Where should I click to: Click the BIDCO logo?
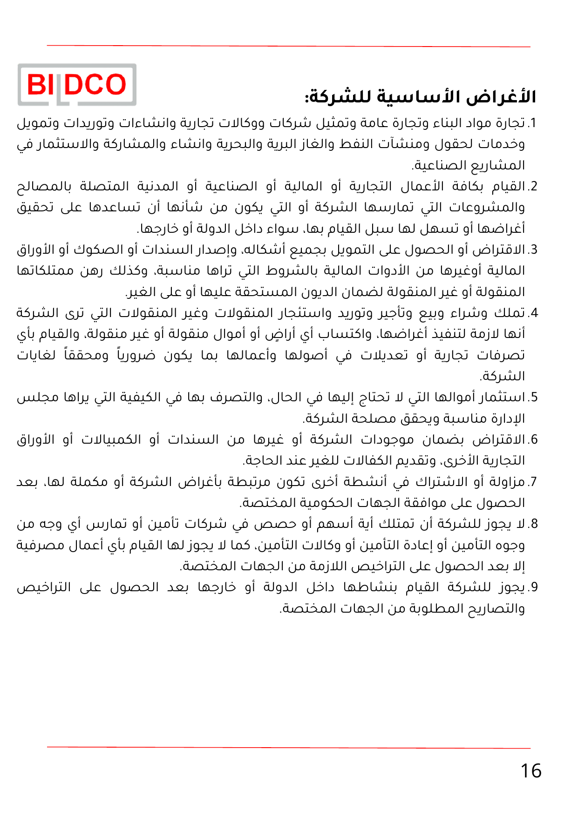[77, 85]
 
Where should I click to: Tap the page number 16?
[530, 771]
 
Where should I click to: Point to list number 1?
[533, 123]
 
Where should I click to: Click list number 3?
[533, 250]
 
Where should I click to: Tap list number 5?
[533, 397]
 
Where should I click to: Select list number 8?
[533, 524]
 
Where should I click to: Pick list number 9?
[533, 587]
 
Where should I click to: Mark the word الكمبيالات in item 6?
[111, 439]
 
